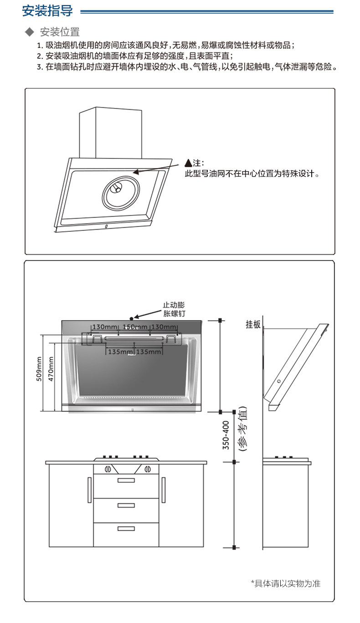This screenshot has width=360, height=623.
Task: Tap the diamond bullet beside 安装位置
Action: coord(30,32)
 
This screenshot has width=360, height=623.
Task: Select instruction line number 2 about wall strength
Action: coord(135,56)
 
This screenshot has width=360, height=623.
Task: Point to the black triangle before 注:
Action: coord(188,163)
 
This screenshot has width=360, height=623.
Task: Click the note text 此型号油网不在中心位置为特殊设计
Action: coord(251,174)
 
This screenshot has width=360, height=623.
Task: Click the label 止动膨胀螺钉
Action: coord(174,309)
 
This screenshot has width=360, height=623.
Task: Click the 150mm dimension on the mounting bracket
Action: coord(135,327)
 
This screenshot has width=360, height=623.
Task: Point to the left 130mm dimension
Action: coord(105,327)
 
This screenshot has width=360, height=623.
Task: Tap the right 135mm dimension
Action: coord(149,352)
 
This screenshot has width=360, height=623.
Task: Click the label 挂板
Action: coord(253,324)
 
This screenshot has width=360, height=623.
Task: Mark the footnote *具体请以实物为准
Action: coord(285,583)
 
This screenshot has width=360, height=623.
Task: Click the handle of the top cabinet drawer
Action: coord(126,480)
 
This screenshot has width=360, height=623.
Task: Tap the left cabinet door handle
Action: coord(89,490)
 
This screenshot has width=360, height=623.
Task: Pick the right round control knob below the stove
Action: coord(147,469)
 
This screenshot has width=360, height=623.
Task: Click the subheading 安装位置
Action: coord(60,32)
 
